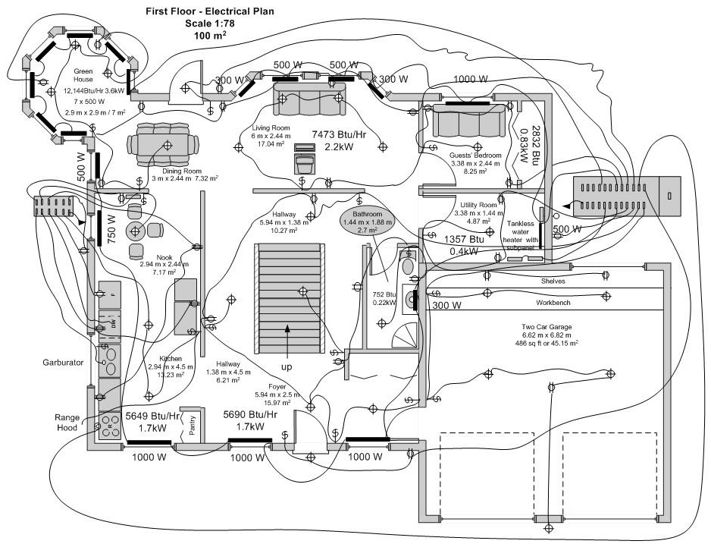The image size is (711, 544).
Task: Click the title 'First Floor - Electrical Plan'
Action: (x=210, y=12)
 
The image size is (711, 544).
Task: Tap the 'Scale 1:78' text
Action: (x=210, y=24)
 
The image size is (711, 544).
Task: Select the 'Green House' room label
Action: (x=83, y=75)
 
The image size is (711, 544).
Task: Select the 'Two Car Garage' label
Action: (x=540, y=326)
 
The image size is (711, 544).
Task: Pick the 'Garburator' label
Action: (x=62, y=363)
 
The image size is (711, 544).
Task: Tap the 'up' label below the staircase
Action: (x=287, y=366)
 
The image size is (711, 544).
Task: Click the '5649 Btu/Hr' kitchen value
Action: (x=152, y=416)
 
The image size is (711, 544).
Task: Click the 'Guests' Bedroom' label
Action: (x=475, y=156)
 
